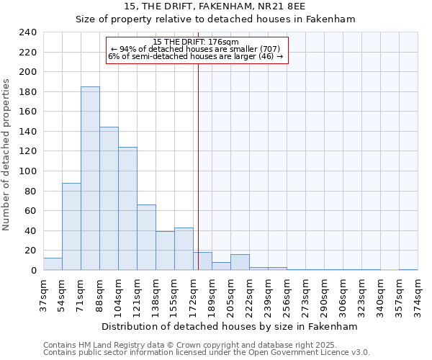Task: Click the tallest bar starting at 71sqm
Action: [x=90, y=179]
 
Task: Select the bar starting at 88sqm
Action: [x=109, y=199]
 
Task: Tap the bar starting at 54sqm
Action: [x=71, y=227]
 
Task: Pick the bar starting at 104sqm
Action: [x=127, y=209]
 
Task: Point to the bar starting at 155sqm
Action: [x=184, y=249]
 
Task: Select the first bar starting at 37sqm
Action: [x=53, y=264]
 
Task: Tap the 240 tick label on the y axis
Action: [x=27, y=32]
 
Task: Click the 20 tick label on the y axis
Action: [x=30, y=251]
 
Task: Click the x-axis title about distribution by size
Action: [x=230, y=326]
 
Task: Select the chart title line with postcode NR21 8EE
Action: [x=215, y=6]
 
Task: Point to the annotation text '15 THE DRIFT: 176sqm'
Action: [x=196, y=42]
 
